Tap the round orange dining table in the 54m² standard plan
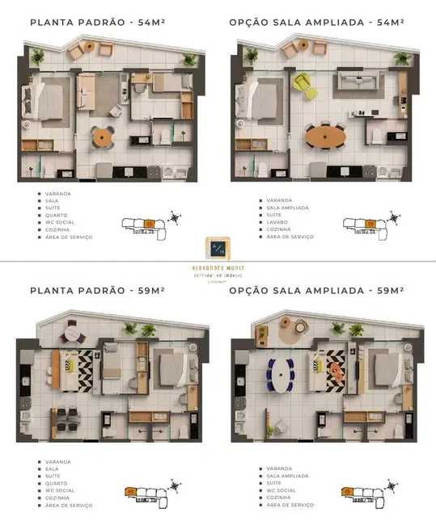102,137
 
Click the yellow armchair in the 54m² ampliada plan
300,83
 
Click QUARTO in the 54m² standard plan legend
56,215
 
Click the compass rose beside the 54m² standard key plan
174,218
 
